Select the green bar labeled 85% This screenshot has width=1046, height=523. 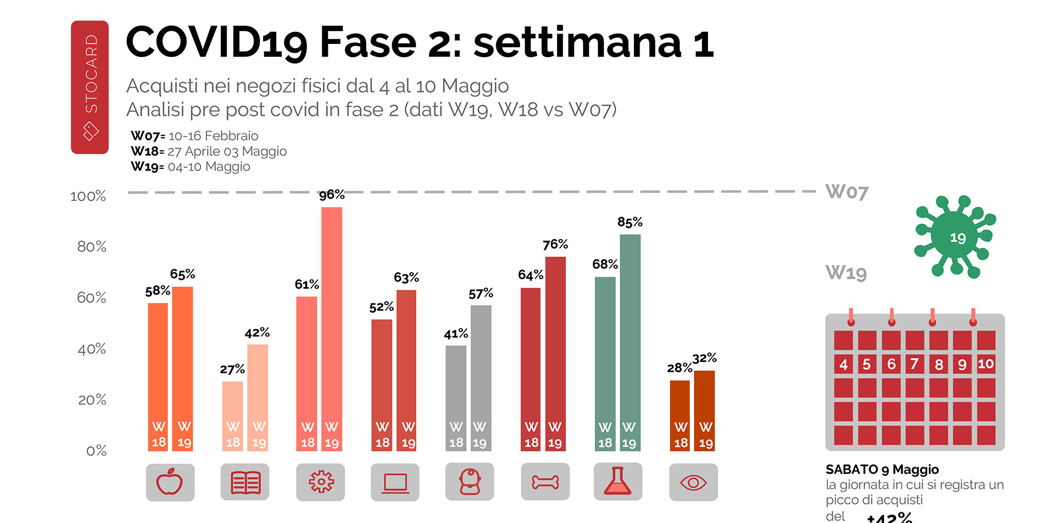click(x=630, y=340)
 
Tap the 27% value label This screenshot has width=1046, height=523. click(x=232, y=369)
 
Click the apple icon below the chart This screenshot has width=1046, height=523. click(x=170, y=482)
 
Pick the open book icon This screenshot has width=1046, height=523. click(x=245, y=482)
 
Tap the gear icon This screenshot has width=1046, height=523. click(x=320, y=482)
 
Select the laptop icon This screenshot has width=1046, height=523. click(x=395, y=482)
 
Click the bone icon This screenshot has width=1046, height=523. click(x=545, y=482)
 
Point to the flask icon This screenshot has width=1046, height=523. click(x=618, y=482)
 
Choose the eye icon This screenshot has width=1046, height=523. click(x=693, y=482)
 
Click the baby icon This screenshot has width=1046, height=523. click(x=470, y=482)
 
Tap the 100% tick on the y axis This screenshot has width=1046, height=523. click(x=88, y=196)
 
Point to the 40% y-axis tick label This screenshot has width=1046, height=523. click(x=92, y=349)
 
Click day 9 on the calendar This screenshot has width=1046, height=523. click(x=962, y=364)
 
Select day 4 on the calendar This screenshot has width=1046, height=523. click(x=843, y=364)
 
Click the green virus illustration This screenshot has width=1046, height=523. click(x=955, y=236)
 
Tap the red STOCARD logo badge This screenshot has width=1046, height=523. click(x=90, y=87)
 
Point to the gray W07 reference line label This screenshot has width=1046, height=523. click(x=847, y=192)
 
